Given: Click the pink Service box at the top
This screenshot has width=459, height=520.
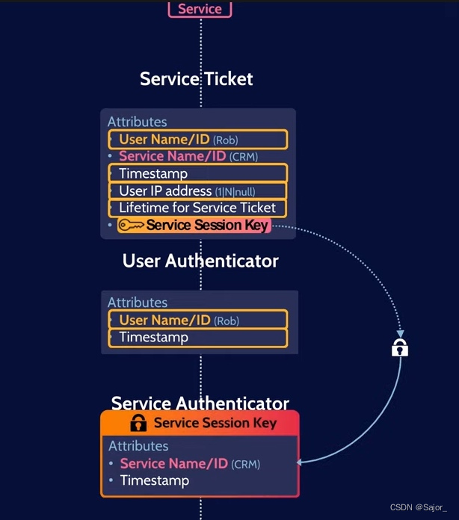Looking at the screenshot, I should point(200,9).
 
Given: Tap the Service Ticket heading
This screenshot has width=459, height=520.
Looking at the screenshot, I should point(197,78).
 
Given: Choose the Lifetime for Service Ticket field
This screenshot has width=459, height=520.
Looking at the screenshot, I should point(198,208).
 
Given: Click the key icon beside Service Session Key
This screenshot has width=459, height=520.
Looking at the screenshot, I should point(132,226).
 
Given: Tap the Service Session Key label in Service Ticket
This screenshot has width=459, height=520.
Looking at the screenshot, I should point(206,226).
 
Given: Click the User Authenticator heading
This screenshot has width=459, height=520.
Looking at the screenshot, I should point(200,261).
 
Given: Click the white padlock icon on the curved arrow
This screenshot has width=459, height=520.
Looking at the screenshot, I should point(400,347).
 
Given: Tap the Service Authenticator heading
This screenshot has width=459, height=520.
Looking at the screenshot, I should point(200,403).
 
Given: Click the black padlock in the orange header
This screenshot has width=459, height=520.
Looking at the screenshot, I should point(138,423).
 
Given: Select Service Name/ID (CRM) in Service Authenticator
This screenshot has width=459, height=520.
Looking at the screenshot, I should point(190,464).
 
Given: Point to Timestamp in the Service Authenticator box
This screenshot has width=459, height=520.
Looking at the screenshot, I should point(155,480).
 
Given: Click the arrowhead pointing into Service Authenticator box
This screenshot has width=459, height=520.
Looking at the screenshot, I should point(301,462).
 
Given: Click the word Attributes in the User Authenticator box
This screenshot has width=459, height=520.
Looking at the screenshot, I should point(138,303).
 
